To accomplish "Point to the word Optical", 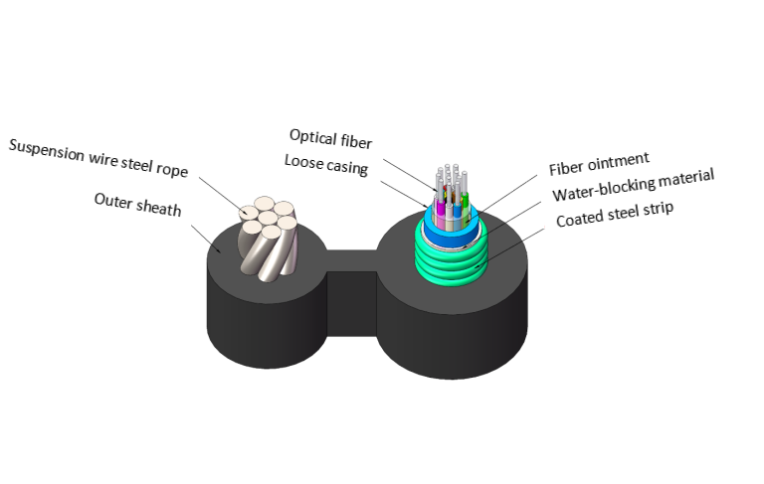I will [x=313, y=135].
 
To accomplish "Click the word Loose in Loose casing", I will [x=304, y=161].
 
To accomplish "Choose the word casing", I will [x=347, y=167].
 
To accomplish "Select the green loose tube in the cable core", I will [x=465, y=205].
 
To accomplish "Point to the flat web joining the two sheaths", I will [x=352, y=260].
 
